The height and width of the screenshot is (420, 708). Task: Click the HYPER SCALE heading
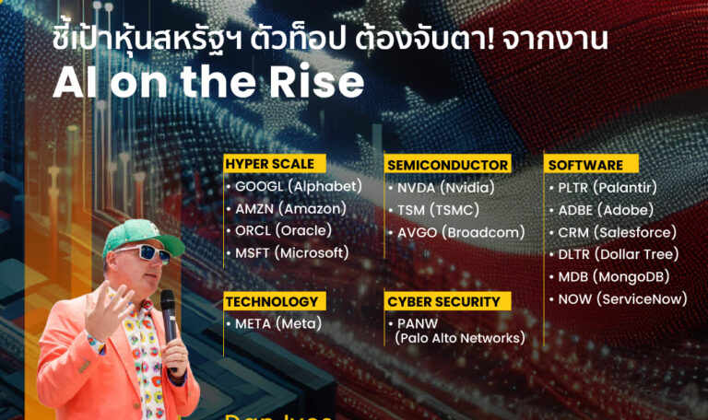[x=268, y=164]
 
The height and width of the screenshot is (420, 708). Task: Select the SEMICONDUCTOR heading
[x=448, y=165]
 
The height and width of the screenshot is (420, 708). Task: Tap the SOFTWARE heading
[x=585, y=165]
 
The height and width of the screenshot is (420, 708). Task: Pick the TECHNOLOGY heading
[x=271, y=301]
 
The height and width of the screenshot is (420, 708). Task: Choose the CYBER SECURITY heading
[x=443, y=301]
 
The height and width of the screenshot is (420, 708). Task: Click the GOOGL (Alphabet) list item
[x=294, y=186]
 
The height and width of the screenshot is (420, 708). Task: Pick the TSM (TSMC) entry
[x=437, y=209]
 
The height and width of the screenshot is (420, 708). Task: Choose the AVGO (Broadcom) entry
[x=455, y=232]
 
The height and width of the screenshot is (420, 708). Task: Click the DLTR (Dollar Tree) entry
[x=613, y=254]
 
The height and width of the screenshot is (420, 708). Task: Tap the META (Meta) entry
[x=274, y=323]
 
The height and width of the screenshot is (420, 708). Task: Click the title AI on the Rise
[x=208, y=83]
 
